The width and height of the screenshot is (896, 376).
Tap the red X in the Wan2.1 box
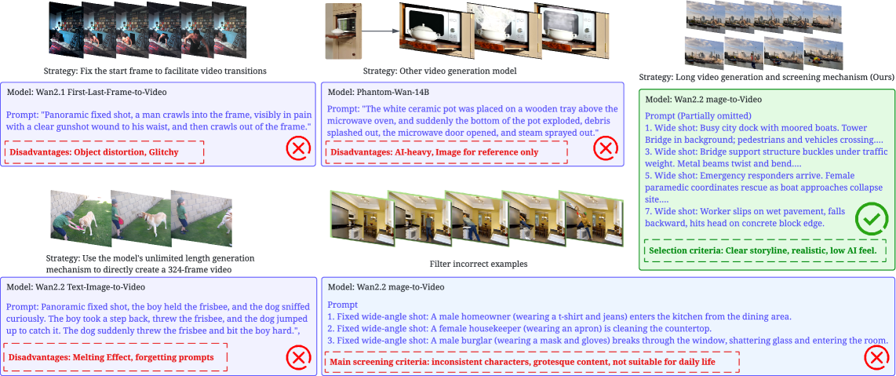pos(297,150)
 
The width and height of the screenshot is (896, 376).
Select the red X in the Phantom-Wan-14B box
pos(606,150)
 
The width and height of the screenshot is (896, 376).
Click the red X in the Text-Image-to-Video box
pos(297,358)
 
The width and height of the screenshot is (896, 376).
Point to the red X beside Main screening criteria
pos(876,358)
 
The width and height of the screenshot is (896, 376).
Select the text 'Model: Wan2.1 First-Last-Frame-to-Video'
pos(87,92)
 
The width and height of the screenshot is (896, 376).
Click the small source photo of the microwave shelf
pos(343,31)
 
